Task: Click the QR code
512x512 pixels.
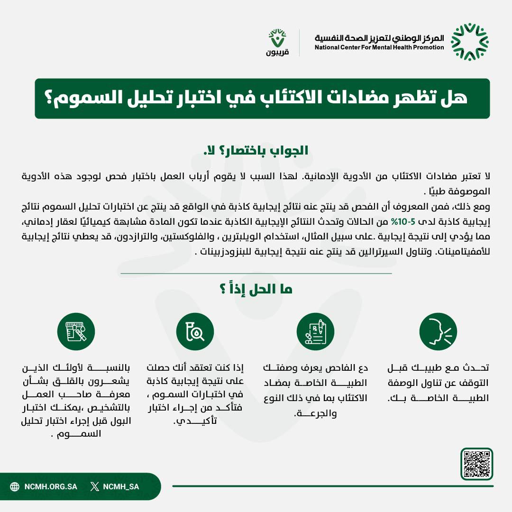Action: click(476, 464)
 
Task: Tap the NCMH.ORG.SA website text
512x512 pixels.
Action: click(50, 486)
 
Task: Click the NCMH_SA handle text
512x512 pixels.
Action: click(121, 486)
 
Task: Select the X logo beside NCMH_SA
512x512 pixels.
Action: click(95, 486)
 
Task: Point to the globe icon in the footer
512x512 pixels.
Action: click(15, 486)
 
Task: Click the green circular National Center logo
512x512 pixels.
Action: click(469, 42)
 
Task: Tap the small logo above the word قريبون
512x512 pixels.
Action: click(277, 37)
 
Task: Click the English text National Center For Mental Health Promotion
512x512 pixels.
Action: click(379, 47)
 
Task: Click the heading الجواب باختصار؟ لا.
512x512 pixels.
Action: click(256, 151)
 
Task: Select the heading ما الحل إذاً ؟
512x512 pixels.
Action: click(256, 290)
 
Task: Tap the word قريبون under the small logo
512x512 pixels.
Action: click(277, 53)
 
